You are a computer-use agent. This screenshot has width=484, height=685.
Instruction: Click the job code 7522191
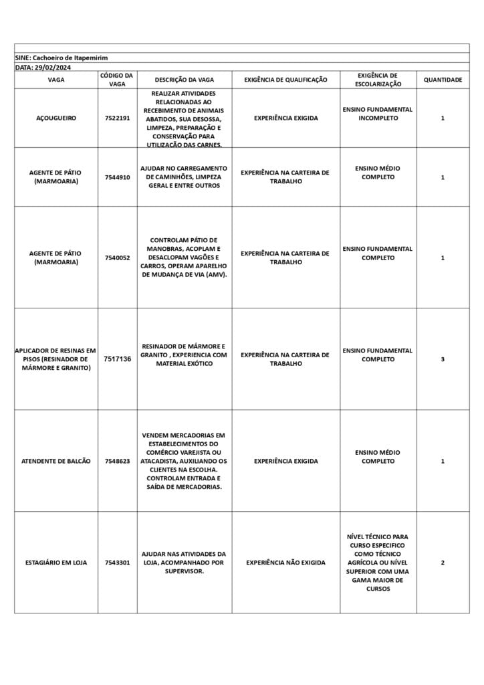coord(117,118)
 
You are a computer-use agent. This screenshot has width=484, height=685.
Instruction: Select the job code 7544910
coord(117,177)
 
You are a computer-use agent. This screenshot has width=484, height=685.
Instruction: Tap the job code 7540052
coord(117,258)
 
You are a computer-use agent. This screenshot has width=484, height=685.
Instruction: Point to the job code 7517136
coord(117,359)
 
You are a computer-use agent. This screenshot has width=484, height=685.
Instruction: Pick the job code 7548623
coord(117,461)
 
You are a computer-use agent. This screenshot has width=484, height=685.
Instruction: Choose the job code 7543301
coord(117,563)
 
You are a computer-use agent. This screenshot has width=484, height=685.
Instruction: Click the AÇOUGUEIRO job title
coord(56,118)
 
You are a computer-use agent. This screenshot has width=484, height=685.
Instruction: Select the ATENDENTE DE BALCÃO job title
coord(56,461)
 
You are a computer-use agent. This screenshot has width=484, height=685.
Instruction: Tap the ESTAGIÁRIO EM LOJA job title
coord(56,563)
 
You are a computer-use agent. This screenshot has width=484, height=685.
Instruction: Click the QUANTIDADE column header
coord(443,80)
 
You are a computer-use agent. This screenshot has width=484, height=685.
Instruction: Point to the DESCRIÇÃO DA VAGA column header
coord(184,80)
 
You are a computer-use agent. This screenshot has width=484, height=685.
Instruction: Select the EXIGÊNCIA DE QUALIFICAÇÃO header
coord(285,80)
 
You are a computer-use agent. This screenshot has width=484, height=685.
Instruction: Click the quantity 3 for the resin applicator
coord(443,359)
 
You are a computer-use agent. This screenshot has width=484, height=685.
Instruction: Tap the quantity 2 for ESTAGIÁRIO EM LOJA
coord(443,563)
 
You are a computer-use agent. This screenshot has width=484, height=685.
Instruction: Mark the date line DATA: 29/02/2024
coord(43,68)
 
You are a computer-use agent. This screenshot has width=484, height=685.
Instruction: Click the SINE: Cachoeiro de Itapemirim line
coord(62,58)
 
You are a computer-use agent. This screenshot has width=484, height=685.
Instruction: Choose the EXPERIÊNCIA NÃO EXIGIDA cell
coord(285,563)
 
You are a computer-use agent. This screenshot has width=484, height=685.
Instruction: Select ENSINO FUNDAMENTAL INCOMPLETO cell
coord(378,113)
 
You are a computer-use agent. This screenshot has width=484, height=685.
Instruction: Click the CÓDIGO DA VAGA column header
coord(117,80)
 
